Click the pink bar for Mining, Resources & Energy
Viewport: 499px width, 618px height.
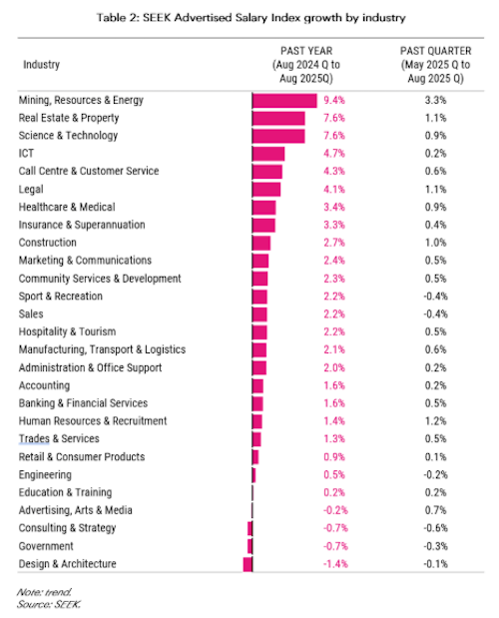[284, 101]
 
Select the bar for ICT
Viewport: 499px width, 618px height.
[268, 154]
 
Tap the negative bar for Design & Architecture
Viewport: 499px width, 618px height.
[248, 564]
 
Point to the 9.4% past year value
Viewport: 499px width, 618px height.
[334, 100]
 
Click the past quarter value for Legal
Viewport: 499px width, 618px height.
[435, 189]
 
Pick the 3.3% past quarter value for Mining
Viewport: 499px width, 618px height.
[435, 100]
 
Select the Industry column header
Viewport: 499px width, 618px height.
[41, 64]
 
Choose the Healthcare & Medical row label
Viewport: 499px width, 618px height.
[67, 207]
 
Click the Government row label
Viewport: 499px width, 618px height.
[46, 546]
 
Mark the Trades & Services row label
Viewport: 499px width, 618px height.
[59, 438]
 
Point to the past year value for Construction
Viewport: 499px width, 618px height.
[334, 243]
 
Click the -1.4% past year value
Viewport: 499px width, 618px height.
[335, 564]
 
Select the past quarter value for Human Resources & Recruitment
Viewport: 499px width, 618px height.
[435, 421]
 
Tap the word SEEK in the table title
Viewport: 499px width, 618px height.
[157, 18]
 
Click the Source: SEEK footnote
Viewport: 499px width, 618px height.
[49, 604]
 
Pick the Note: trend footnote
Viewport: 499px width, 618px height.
[44, 592]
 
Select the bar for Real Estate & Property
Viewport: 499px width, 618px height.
[278, 118]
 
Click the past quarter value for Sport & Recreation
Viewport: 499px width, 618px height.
[435, 296]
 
